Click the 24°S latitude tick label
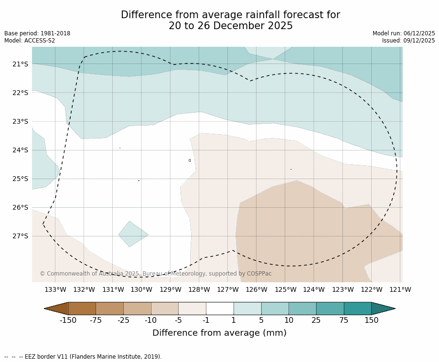click(x=20, y=150)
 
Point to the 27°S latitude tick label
click(x=20, y=236)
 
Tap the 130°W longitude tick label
click(x=141, y=289)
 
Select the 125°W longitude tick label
click(x=285, y=289)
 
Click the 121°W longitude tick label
click(x=400, y=289)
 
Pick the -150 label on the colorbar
click(x=68, y=320)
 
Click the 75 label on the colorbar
click(x=344, y=320)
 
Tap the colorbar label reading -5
click(x=178, y=320)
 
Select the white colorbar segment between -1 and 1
click(x=220, y=309)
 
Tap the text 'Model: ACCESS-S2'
click(x=30, y=41)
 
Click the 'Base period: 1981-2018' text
click(x=37, y=33)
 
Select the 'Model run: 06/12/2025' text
click(x=404, y=33)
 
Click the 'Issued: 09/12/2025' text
click(x=408, y=41)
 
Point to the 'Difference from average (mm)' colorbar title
click(x=219, y=333)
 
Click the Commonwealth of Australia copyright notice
click(x=156, y=274)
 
